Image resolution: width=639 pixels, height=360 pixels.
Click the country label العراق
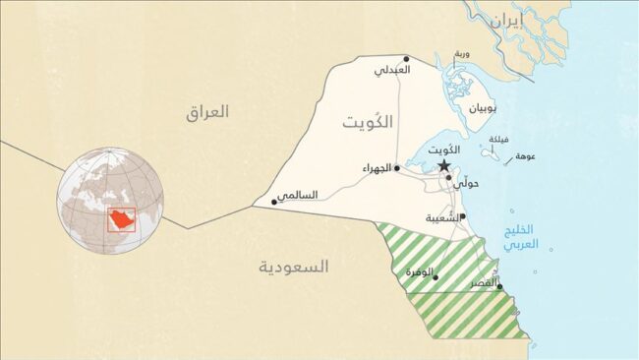206,112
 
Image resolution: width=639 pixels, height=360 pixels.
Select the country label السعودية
294,267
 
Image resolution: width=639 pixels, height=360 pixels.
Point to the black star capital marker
444,166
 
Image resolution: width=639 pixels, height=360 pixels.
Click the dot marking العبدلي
406,59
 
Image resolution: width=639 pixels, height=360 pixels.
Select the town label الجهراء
377,169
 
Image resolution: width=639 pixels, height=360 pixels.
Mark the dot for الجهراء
397,168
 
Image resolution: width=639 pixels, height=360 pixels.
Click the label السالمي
297,195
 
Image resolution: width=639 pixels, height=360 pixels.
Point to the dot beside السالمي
274,202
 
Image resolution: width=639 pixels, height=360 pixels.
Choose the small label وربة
462,53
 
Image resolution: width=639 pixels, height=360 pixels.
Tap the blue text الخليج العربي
521,238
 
